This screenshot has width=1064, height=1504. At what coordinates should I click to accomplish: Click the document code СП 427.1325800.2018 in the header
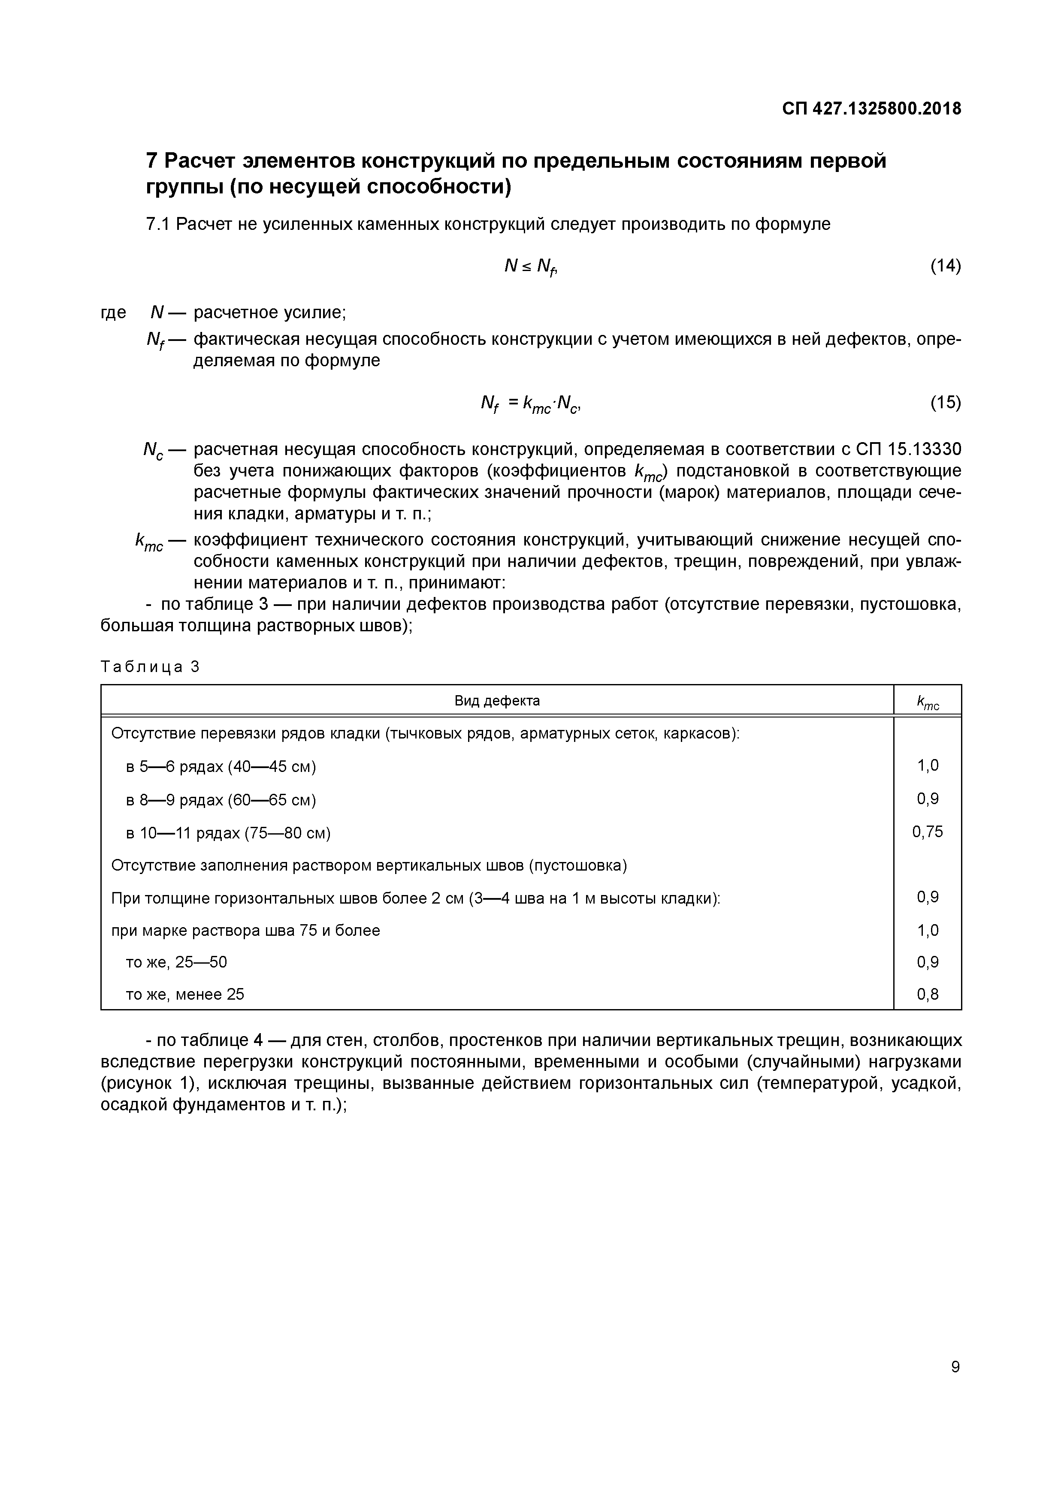pos(871,109)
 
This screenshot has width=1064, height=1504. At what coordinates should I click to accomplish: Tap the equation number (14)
pos(946,266)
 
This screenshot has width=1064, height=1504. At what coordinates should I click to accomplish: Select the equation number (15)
pos(946,402)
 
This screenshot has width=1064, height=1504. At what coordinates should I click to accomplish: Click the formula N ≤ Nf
pos(530,266)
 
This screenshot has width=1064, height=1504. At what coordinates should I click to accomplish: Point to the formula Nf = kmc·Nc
pos(531,404)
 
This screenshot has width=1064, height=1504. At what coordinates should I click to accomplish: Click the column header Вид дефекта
pos(497,701)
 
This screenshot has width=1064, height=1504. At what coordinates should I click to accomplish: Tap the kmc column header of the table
pos(928,702)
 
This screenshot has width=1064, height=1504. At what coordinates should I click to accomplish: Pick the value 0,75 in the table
pos(928,831)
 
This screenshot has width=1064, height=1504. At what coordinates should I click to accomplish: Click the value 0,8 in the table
pos(928,995)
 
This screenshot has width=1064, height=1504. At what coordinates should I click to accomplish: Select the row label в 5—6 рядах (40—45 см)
pos(221,766)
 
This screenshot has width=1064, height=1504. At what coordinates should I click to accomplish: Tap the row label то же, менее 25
pos(185,995)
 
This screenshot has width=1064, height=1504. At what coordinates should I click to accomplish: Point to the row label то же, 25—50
pos(176,961)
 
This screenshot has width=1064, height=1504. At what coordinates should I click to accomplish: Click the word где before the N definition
pos(113,313)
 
